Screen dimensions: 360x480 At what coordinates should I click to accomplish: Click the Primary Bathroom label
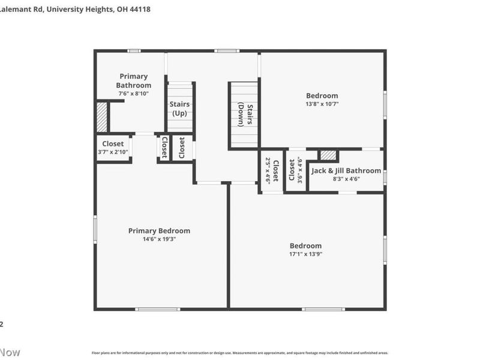pos(134,80)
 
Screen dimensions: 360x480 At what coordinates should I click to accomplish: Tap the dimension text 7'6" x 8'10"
pos(134,94)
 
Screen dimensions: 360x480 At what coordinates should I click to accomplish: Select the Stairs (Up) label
pos(180,109)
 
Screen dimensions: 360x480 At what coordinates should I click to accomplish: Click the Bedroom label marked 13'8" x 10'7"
pos(322,95)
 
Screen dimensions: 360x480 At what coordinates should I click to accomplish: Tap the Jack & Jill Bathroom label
pos(346,170)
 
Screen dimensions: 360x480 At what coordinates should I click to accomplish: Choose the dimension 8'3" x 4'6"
pos(346,178)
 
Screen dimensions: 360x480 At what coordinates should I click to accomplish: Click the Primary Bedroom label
pos(159,230)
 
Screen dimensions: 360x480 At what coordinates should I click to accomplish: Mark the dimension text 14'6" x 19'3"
pos(159,239)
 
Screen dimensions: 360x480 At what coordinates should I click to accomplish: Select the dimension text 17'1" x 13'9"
pos(305,254)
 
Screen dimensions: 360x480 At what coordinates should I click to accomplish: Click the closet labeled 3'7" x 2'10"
pos(113,148)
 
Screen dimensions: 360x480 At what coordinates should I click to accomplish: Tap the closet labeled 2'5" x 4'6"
pos(272,170)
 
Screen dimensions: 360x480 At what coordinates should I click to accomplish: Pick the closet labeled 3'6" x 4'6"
pos(296,170)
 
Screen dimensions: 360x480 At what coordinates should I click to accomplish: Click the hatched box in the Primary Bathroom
pos(102,117)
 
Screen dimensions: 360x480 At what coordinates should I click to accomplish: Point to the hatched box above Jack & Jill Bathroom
pos(328,155)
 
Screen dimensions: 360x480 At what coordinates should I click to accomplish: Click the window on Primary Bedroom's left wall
pos(95,229)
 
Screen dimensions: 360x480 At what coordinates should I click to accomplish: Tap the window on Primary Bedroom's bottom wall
pos(157,309)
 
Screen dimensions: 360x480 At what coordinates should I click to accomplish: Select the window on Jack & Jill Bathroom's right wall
pos(385,177)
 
